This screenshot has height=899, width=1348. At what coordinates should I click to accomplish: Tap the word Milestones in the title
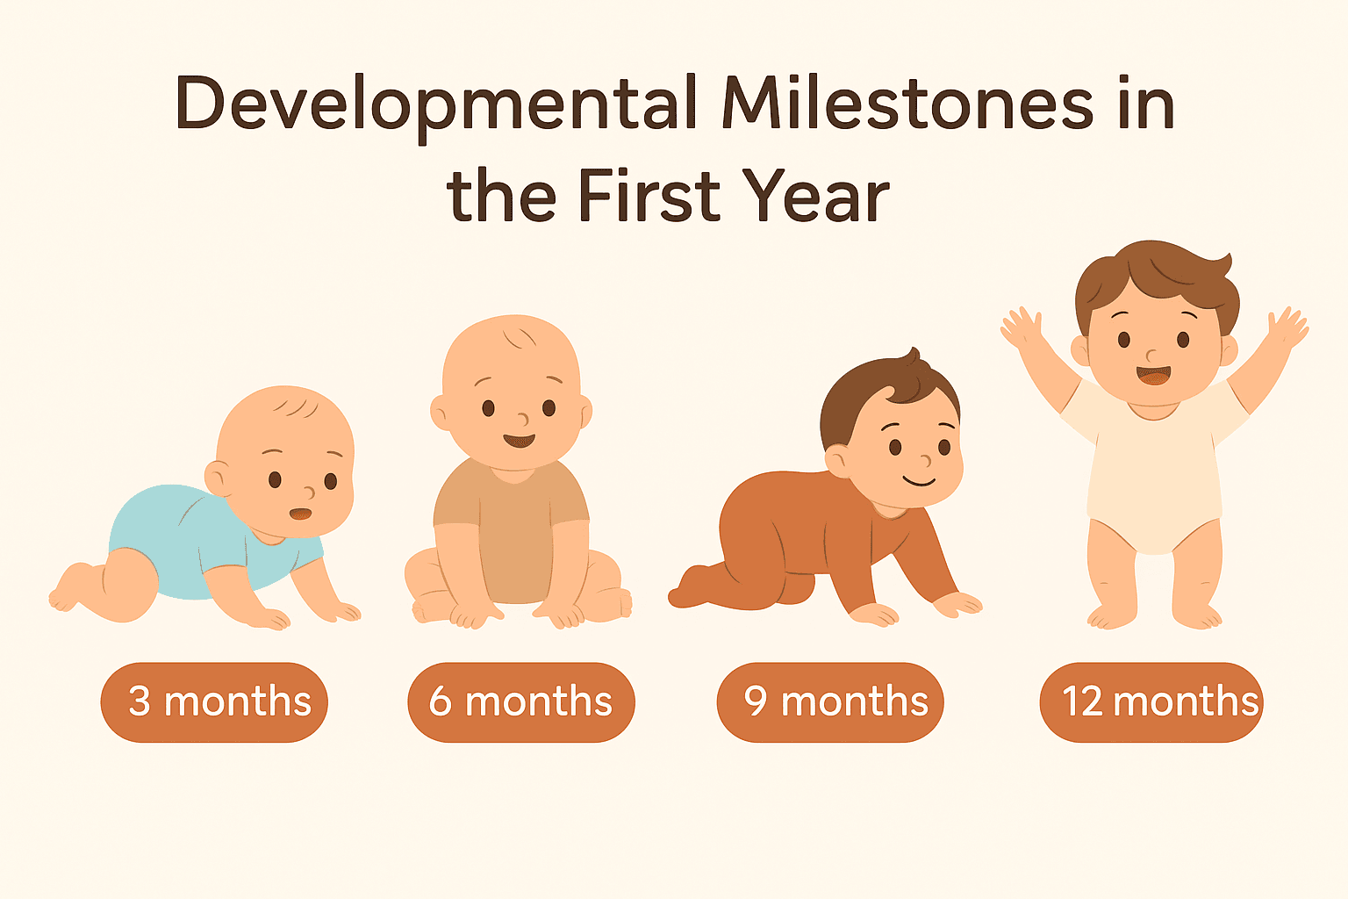pos(907,104)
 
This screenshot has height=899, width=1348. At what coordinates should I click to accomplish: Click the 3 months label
pos(214,701)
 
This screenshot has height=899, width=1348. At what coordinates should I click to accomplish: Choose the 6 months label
pos(520,701)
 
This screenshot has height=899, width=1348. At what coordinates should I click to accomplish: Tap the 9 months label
pos(830,701)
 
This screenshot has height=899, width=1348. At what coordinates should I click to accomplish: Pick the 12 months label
pos(1151,701)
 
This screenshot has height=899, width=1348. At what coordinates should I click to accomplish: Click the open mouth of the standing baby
pos(1153,375)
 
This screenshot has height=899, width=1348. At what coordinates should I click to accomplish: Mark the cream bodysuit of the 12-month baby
pos(1153,474)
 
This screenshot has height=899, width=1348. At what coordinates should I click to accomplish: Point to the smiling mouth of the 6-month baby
pos(519,440)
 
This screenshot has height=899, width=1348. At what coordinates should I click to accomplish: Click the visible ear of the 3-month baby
pos(217,478)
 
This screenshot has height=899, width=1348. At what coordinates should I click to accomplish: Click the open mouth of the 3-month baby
pos(300,514)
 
